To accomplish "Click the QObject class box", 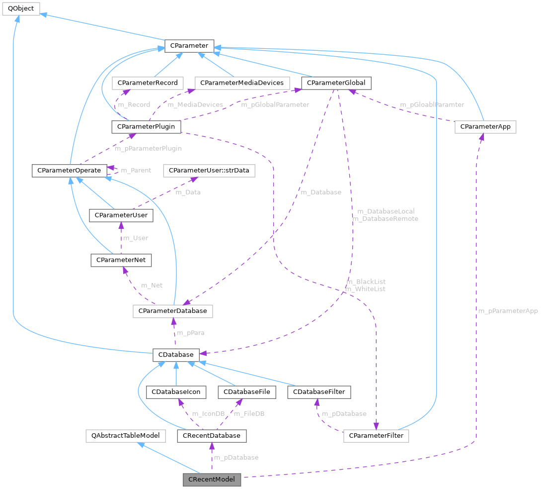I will pos(20,9).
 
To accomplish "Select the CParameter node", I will pos(189,46).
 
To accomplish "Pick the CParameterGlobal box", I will pos(336,83).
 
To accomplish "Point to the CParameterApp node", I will pos(485,127).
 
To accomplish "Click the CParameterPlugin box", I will pos(146,127).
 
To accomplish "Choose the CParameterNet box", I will pos(121,260).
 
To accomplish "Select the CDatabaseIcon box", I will pos(175,392).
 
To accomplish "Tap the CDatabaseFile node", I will pos(246,392).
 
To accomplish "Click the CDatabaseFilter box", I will pos(319,392).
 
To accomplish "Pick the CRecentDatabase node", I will pos(212,436).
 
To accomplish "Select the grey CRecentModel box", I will pos(212,480).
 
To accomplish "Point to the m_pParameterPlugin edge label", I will pos(148,148).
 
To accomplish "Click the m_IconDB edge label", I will pos(208,414).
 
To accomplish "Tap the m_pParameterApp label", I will pos(507,311).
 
